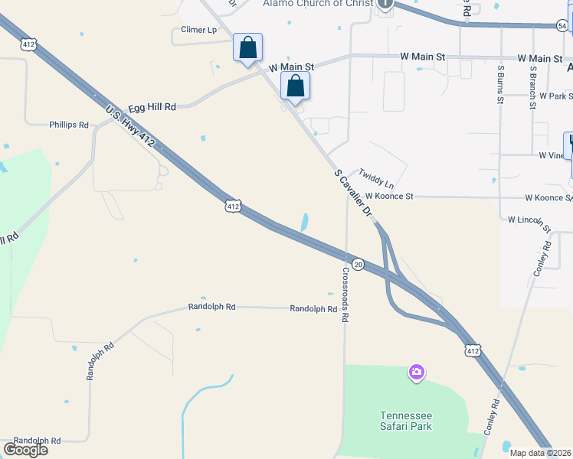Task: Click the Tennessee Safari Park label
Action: (x=406, y=421)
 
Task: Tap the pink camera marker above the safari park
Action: (x=417, y=373)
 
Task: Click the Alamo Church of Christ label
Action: (x=317, y=4)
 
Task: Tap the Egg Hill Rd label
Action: (x=152, y=108)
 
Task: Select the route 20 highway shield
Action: (x=359, y=264)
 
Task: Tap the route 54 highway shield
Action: (x=562, y=26)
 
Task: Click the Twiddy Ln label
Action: (x=376, y=180)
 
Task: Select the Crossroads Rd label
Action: (x=345, y=294)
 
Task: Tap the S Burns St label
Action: (x=500, y=83)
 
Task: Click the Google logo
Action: (x=25, y=450)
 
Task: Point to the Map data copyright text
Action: (x=541, y=453)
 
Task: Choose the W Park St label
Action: (x=555, y=96)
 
